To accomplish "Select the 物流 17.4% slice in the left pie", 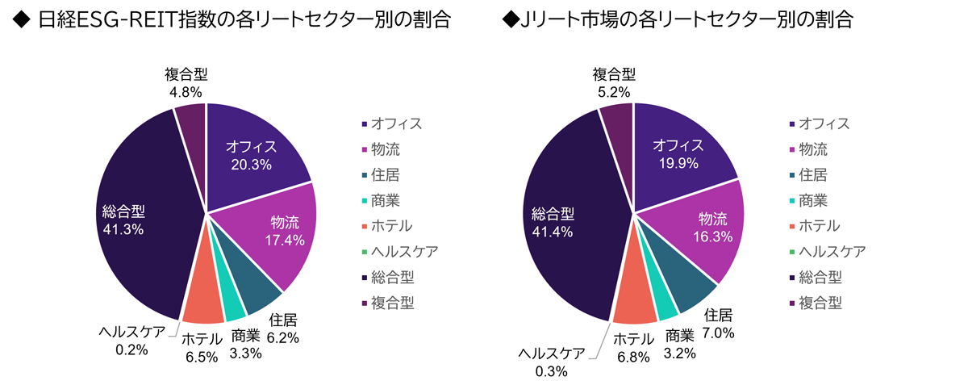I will click(x=282, y=230).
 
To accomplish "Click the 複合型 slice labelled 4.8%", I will click(x=191, y=121).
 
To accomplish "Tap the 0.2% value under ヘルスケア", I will click(x=131, y=350).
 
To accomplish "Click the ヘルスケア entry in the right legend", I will click(x=832, y=252).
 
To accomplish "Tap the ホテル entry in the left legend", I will click(x=391, y=226).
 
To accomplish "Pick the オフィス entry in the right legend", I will click(x=823, y=123).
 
